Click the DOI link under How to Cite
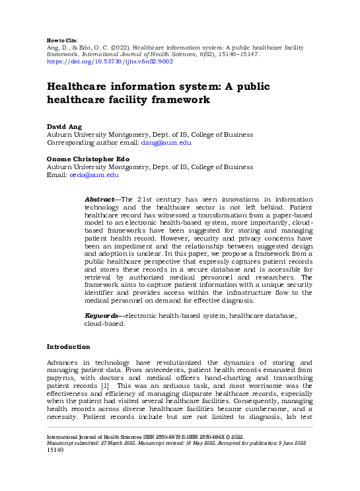[109, 61]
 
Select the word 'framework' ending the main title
[179, 100]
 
